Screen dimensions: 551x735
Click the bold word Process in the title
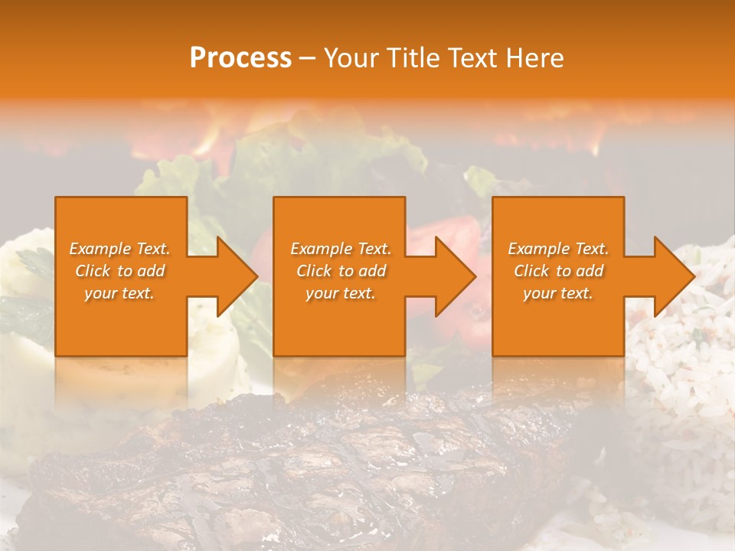tap(240, 58)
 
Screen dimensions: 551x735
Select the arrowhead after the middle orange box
tap(454, 276)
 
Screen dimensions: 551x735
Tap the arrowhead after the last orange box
tap(672, 276)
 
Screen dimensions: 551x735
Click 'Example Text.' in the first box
tap(119, 249)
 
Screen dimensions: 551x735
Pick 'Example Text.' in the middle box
tap(340, 249)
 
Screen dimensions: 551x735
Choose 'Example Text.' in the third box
tap(558, 249)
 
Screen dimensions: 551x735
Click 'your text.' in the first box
tap(119, 293)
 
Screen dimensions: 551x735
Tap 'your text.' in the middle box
tap(340, 293)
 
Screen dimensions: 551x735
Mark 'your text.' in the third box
tap(558, 293)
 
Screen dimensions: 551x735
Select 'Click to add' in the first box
tap(119, 271)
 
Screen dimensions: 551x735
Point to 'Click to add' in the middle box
tap(340, 271)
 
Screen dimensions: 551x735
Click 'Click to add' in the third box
tap(558, 271)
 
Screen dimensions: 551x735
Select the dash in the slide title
tap(307, 58)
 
